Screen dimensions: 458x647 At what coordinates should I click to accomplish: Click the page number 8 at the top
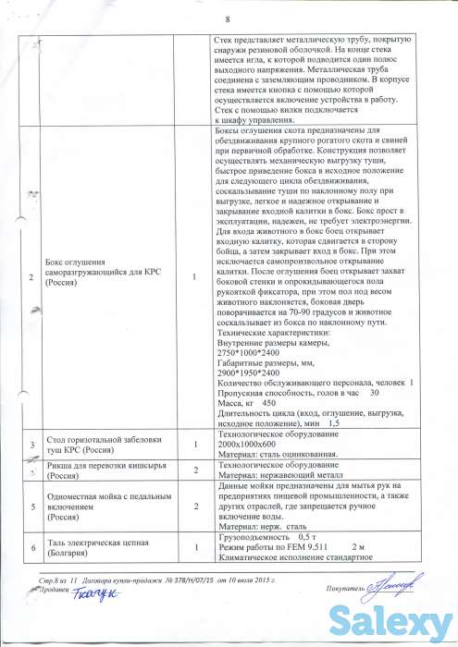point(227,20)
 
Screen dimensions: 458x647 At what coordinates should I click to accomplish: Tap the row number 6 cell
point(32,548)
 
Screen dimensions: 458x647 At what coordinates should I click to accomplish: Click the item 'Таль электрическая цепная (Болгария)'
point(100,548)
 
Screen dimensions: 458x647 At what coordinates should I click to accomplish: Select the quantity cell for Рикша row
point(195,470)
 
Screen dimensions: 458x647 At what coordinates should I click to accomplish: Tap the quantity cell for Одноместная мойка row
point(195,507)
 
